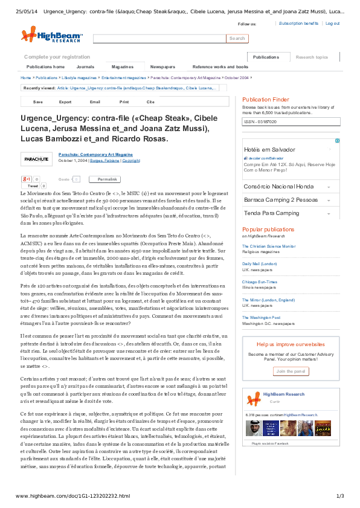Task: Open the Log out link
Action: (x=332, y=23)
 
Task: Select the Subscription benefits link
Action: (x=298, y=23)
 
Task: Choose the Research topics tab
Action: (x=312, y=57)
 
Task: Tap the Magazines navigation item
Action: (x=123, y=66)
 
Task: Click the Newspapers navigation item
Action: (x=162, y=66)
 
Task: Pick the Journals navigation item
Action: (x=85, y=66)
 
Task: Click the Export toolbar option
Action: (x=65, y=102)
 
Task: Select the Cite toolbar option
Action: (x=150, y=102)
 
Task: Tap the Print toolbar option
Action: (x=124, y=102)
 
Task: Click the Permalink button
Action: (x=108, y=179)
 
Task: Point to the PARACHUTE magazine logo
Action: (x=37, y=159)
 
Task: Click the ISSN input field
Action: (x=291, y=122)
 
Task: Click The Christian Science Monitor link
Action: (x=269, y=246)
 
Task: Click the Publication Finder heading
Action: (x=265, y=99)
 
